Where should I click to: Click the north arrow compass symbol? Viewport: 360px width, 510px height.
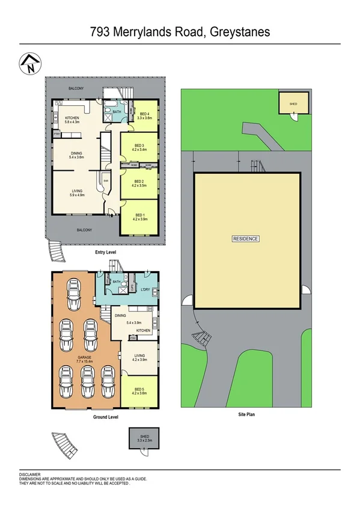(x=29, y=63)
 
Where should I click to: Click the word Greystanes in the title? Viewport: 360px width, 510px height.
(x=239, y=32)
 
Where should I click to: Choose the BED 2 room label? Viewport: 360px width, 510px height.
(x=139, y=181)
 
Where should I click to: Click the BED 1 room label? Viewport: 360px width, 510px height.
(x=139, y=215)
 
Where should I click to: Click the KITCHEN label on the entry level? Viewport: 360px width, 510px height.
(x=73, y=118)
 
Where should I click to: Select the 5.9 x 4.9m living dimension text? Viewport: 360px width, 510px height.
(x=77, y=195)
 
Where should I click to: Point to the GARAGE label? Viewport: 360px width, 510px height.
(x=84, y=357)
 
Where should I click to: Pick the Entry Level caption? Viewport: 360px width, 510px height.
(x=105, y=253)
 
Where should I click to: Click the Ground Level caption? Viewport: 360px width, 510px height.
(x=105, y=416)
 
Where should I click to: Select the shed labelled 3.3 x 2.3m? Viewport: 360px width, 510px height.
(x=139, y=440)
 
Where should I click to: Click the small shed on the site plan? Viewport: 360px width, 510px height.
(x=293, y=104)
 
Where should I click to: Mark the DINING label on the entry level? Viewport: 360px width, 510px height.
(x=76, y=153)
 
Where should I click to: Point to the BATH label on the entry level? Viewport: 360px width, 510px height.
(x=117, y=111)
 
